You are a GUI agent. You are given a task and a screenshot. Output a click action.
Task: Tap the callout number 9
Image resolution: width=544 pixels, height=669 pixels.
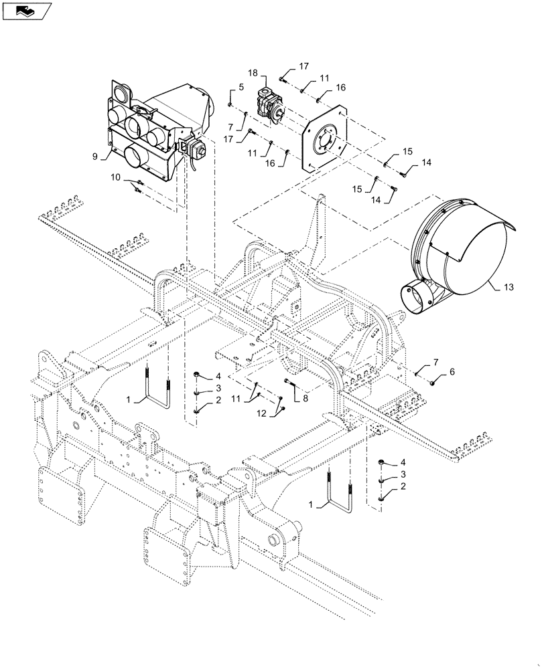pyautogui.click(x=95, y=156)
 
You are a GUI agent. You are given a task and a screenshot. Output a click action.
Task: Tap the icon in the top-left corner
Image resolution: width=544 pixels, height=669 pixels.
pyautogui.click(x=26, y=9)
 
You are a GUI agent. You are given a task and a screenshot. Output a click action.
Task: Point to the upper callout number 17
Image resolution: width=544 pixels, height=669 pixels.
pyautogui.click(x=303, y=66)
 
